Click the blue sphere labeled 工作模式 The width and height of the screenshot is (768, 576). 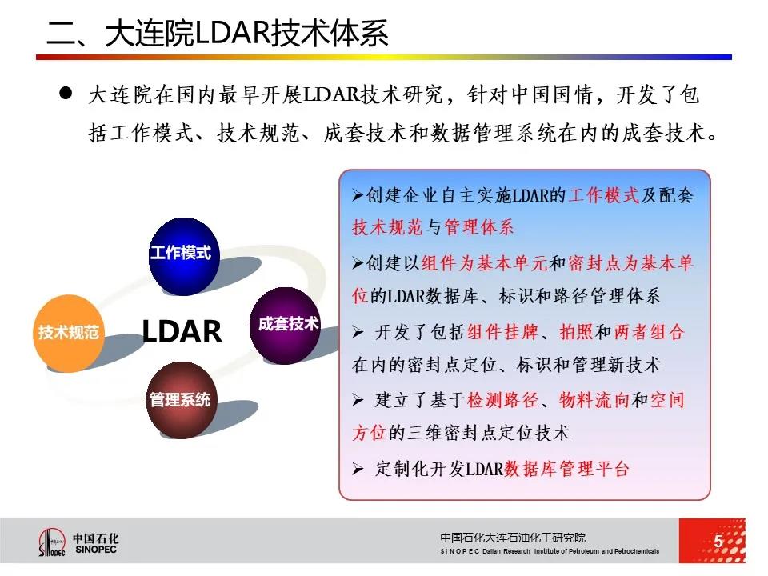coord(184,256)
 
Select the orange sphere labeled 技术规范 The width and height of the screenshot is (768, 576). coord(69,333)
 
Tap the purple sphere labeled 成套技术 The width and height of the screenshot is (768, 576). coord(286,326)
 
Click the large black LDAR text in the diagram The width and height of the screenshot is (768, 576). coord(182,331)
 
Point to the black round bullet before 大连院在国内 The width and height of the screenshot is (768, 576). coord(66,93)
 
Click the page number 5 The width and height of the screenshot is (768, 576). coord(718,541)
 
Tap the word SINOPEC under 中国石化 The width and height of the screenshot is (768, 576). coord(96,550)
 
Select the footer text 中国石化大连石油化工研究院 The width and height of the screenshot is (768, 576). coord(513,538)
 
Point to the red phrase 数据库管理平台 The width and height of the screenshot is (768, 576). coord(566,469)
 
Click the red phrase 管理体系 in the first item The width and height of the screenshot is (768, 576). coord(479,226)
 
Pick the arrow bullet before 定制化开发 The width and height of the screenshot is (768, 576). coord(358,470)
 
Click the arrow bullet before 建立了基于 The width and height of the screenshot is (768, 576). coord(358,401)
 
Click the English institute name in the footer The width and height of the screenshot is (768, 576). coord(550,551)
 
